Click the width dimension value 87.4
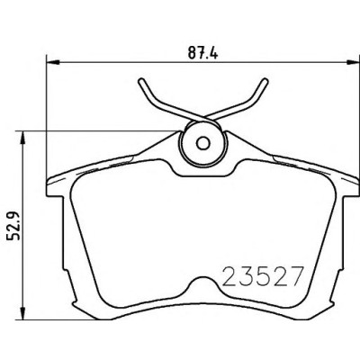click(x=202, y=54)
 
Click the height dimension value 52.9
click(x=14, y=225)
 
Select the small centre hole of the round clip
click(x=203, y=143)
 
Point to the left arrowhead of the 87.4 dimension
click(x=53, y=62)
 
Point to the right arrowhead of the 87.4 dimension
click(x=353, y=62)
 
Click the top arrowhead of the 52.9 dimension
click(x=22, y=138)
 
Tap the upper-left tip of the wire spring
click(x=141, y=81)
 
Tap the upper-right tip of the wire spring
click(x=265, y=81)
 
